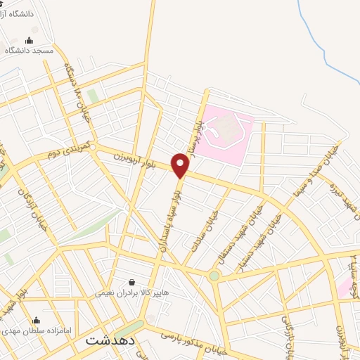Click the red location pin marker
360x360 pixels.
181,166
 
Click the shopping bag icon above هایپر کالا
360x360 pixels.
131,282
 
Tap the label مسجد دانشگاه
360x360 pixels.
30,50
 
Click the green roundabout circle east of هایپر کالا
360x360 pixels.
214,276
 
